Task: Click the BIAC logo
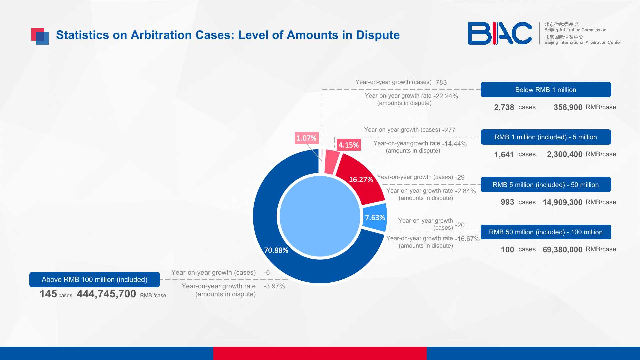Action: point(500,33)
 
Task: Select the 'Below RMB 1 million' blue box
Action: point(546,90)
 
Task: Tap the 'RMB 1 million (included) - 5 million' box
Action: point(546,137)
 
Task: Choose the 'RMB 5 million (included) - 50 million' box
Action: point(546,184)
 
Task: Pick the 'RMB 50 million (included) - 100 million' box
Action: point(546,232)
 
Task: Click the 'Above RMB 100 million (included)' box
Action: point(95,280)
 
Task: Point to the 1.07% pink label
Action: point(306,138)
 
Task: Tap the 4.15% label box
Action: point(349,145)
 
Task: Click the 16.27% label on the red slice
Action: point(361,179)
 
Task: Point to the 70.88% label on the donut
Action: point(276,250)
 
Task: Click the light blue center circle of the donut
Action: point(320,216)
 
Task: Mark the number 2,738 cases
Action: point(504,107)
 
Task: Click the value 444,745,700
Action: point(106,294)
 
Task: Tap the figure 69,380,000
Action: point(562,250)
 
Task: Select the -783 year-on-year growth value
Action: point(440,82)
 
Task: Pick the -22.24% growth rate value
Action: point(446,96)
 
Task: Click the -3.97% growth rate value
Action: point(274,286)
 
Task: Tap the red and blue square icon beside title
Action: point(40,36)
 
